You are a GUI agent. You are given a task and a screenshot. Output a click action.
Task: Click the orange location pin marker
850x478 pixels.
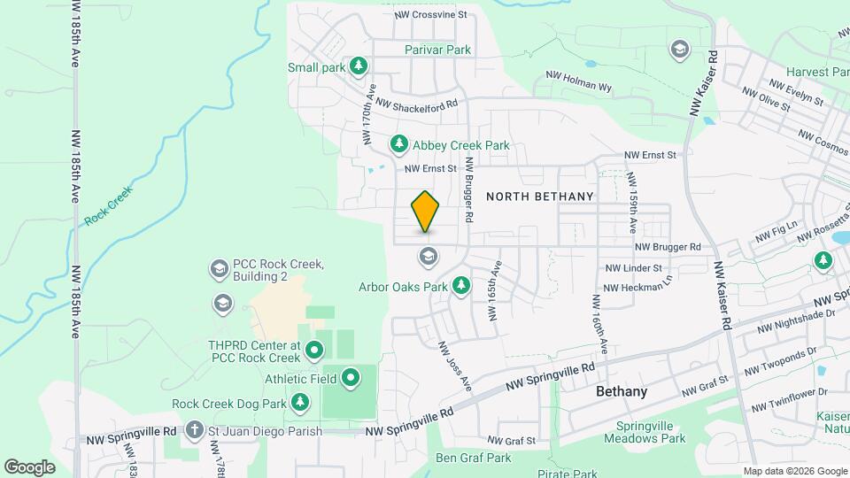pyautogui.click(x=426, y=211)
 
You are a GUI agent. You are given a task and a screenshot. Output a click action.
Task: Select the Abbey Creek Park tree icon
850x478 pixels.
pyautogui.click(x=399, y=143)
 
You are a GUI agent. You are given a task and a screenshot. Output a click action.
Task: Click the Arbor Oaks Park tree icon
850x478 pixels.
pyautogui.click(x=460, y=286)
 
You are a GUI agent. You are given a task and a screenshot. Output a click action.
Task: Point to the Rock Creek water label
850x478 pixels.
pyautogui.click(x=109, y=205)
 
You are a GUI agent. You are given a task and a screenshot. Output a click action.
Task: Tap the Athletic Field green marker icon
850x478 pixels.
pyautogui.click(x=351, y=379)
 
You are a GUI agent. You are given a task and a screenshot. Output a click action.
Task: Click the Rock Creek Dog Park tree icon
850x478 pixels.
pyautogui.click(x=301, y=404)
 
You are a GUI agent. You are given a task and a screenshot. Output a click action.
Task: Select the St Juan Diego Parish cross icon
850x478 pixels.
pyautogui.click(x=195, y=431)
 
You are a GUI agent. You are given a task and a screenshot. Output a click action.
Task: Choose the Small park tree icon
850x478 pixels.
pyautogui.click(x=358, y=66)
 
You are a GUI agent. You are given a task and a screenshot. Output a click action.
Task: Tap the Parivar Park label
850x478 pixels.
pyautogui.click(x=438, y=50)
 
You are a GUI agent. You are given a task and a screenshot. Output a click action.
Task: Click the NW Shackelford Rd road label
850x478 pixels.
pyautogui.click(x=416, y=104)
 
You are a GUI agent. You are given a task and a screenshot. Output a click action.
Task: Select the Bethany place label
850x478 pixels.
pyautogui.click(x=621, y=391)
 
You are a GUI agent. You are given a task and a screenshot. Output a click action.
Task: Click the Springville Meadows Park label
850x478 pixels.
pyautogui.click(x=651, y=431)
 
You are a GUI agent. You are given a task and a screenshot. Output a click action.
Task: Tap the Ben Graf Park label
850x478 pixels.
pyautogui.click(x=474, y=458)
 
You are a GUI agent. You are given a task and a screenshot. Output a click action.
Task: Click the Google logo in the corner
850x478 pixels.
pyautogui.click(x=30, y=466)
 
